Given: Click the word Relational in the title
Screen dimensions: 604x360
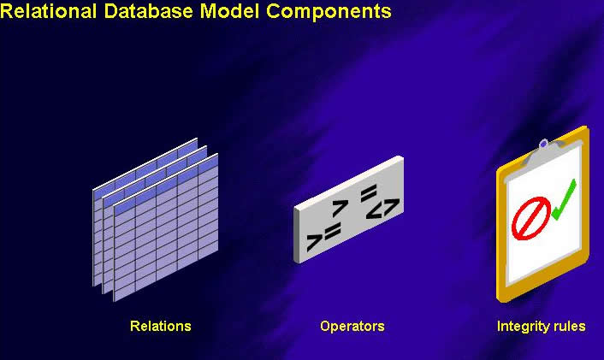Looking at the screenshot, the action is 48,11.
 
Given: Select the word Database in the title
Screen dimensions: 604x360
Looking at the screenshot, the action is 148,11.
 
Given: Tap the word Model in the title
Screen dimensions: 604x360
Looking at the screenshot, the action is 229,11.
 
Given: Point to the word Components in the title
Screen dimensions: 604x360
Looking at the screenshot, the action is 329,13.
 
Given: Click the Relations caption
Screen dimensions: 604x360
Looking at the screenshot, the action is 161,326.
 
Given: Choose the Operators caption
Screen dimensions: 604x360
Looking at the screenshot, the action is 352,326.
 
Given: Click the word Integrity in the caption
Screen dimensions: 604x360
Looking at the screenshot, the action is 524,327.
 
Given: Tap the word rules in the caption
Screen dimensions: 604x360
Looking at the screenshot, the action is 569,326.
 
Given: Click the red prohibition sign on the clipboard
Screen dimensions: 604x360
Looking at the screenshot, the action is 530,218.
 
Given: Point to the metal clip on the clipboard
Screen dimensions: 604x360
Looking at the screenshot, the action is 542,151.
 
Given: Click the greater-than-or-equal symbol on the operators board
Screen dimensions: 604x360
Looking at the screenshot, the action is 323,237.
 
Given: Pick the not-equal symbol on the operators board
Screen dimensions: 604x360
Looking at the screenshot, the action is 382,209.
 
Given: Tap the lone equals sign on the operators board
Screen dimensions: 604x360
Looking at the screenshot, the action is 369,193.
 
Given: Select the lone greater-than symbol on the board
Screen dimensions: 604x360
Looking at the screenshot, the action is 340,208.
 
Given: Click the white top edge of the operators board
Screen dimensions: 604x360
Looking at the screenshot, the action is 348,182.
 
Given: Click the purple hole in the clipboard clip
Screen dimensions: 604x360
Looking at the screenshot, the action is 543,145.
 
